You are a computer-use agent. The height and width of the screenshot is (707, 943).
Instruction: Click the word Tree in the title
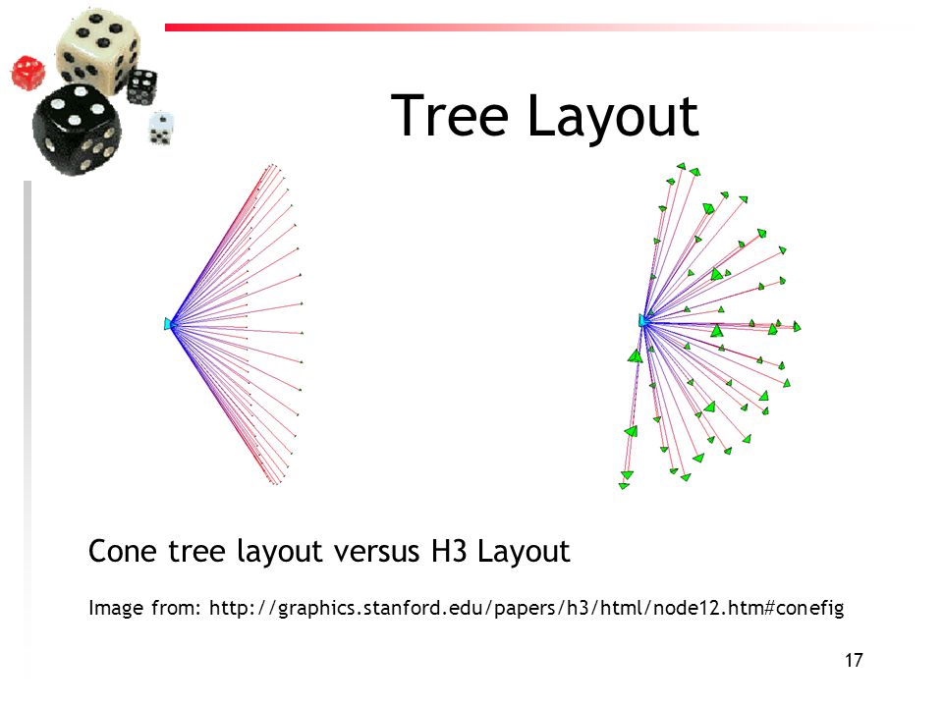pos(450,116)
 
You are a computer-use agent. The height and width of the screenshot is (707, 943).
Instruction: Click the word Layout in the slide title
pos(613,117)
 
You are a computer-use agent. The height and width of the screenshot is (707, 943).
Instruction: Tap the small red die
pos(28,73)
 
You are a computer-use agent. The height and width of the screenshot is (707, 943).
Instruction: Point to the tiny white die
pos(160,128)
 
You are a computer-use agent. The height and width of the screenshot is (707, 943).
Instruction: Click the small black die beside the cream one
pos(142,86)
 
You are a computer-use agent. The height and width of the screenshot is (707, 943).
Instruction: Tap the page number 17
pos(854,660)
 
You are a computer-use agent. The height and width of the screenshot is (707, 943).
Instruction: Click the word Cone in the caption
pos(122,551)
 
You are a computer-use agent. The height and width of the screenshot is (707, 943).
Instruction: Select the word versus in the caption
pos(376,551)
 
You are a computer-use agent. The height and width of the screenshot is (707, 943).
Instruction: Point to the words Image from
pos(144,608)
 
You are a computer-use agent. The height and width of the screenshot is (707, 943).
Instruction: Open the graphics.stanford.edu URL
pos(527,609)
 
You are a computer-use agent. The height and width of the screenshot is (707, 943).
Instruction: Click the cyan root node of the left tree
pos(169,324)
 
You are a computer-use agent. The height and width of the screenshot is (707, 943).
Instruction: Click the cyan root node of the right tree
pos(643,320)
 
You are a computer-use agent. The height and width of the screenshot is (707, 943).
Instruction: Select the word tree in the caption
pos(196,551)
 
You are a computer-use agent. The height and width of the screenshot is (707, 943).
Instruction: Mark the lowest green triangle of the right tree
pos(624,485)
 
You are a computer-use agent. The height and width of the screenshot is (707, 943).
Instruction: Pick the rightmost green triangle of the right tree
pos(797,326)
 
